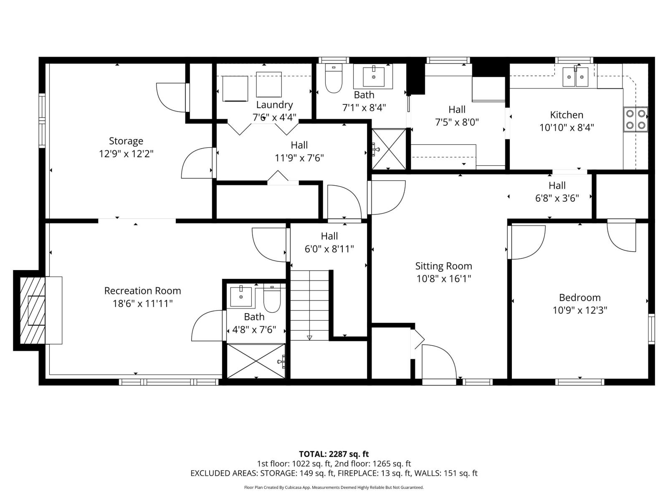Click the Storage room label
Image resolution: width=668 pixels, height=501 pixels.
point(126,141)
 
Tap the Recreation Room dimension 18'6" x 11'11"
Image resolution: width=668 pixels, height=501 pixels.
point(142,304)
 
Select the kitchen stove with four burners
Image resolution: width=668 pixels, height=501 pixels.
point(635,119)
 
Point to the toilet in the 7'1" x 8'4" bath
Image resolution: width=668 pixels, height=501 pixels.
point(334,79)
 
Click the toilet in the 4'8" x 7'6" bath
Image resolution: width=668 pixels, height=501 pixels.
point(272,299)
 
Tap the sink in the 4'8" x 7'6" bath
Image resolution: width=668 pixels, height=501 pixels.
point(241,296)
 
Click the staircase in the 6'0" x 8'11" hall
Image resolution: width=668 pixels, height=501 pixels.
point(310,305)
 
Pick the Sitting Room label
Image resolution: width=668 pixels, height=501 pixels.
point(443,266)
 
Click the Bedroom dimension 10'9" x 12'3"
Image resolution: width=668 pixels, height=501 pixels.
point(579,310)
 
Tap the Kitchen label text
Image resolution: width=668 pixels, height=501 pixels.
point(567,115)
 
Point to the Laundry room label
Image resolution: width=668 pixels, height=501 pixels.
point(274,105)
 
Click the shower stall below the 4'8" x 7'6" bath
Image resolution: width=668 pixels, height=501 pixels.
point(256,361)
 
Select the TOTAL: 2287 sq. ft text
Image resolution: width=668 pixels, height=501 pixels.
point(334,454)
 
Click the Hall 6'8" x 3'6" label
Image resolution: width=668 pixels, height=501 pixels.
point(557,192)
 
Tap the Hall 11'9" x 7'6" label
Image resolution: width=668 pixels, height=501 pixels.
point(299,152)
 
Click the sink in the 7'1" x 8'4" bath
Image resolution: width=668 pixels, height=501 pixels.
point(373,76)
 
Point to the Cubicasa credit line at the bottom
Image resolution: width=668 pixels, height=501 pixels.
point(334,487)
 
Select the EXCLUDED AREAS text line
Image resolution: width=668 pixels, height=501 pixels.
point(334,473)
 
